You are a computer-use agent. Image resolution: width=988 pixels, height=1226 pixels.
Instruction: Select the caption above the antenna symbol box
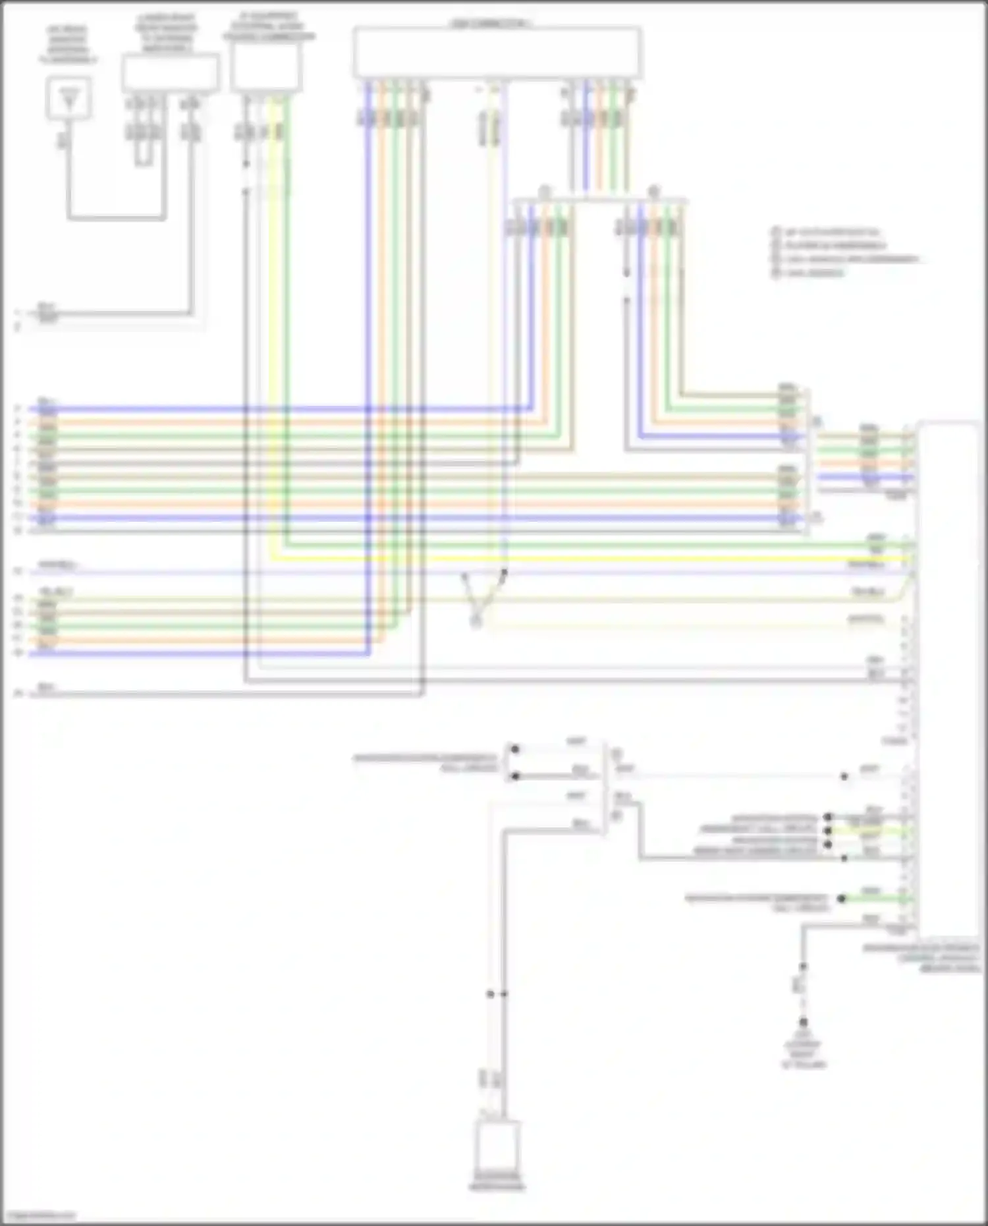(67, 45)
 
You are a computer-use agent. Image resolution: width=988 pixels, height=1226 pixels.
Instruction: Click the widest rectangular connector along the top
(497, 53)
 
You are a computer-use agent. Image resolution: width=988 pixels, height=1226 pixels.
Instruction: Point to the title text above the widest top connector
(491, 24)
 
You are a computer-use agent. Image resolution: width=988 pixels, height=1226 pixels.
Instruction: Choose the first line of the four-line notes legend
(830, 232)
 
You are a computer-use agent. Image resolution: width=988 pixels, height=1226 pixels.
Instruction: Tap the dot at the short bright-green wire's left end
(841, 899)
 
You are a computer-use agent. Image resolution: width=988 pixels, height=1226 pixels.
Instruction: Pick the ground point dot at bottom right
(803, 1022)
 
